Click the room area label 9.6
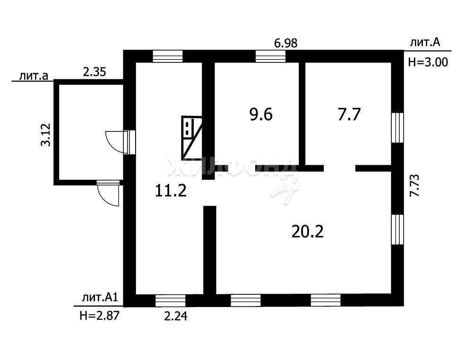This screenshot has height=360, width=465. click(x=261, y=114)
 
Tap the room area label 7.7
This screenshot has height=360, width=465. click(x=349, y=114)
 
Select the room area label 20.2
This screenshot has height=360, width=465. click(x=308, y=231)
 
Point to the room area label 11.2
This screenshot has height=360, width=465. click(x=171, y=190)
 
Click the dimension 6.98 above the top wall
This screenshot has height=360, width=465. click(x=285, y=44)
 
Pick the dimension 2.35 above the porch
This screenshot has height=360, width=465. click(x=95, y=72)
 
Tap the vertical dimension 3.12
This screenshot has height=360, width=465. click(x=46, y=134)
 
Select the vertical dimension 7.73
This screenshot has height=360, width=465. click(x=414, y=185)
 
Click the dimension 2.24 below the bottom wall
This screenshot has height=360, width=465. click(x=176, y=316)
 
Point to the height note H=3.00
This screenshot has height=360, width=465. click(x=428, y=62)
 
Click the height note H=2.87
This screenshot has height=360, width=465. click(x=99, y=315)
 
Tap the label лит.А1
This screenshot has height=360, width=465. click(x=100, y=298)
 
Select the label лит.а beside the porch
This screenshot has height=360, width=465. click(x=34, y=76)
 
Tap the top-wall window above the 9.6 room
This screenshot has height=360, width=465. click(x=270, y=56)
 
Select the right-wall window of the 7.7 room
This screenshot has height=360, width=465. click(x=397, y=128)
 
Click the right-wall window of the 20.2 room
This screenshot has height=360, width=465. click(x=397, y=229)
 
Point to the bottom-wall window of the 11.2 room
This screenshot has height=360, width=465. click(x=171, y=301)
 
